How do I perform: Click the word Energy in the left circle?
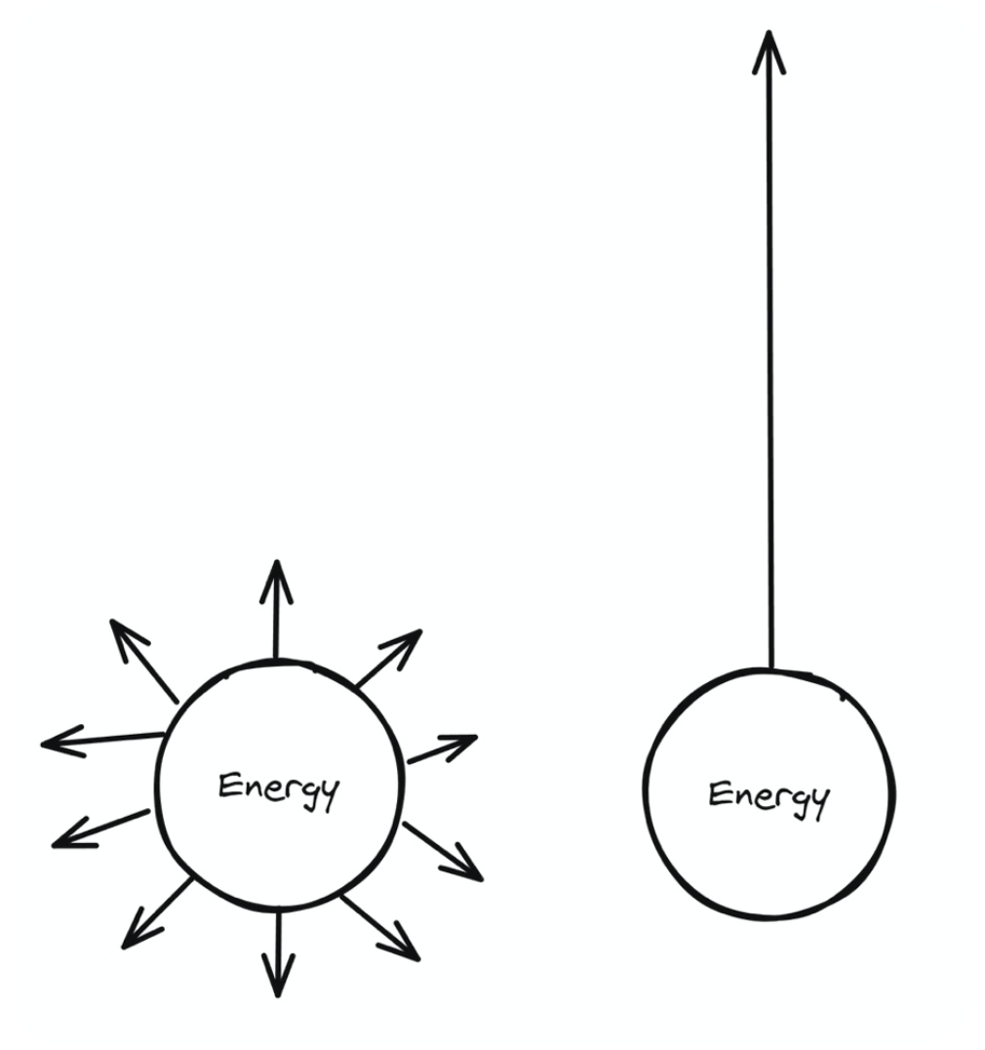(278, 788)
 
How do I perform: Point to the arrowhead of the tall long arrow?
(768, 49)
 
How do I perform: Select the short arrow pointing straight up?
(277, 610)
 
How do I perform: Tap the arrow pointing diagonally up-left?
(143, 659)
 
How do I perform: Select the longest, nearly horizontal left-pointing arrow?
(102, 741)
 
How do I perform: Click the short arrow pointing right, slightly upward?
(441, 748)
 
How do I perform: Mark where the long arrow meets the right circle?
(771, 669)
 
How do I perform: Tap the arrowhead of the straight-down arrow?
(279, 981)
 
